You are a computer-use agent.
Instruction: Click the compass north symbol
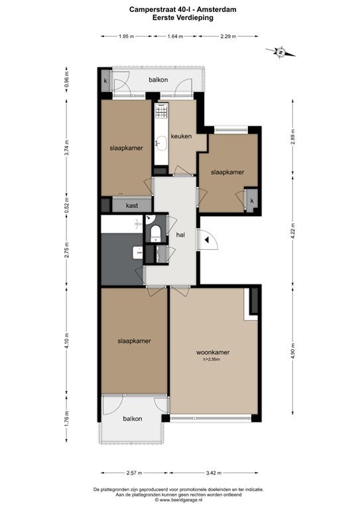[x=280, y=52]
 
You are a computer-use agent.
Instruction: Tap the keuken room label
[x=181, y=137]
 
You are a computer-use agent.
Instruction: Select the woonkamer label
[x=213, y=352]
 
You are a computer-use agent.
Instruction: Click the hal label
[x=180, y=235]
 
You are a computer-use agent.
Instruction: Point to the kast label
[x=132, y=205]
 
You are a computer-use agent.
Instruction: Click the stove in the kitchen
[x=162, y=111]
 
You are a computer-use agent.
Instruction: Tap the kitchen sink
[x=161, y=142]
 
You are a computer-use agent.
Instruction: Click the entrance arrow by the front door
[x=207, y=240]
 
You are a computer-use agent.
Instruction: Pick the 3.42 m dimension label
[x=213, y=473]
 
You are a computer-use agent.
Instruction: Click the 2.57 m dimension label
[x=134, y=473]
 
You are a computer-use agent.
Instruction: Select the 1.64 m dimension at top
[x=175, y=36]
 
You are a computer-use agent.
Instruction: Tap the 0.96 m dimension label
[x=67, y=80]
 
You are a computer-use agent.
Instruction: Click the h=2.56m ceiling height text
[x=211, y=359]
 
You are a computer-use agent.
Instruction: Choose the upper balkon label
[x=158, y=80]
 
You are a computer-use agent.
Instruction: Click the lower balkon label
[x=133, y=419]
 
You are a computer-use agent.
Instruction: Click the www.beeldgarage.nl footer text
[x=182, y=500]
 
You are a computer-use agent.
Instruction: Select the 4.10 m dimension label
[x=67, y=341]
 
